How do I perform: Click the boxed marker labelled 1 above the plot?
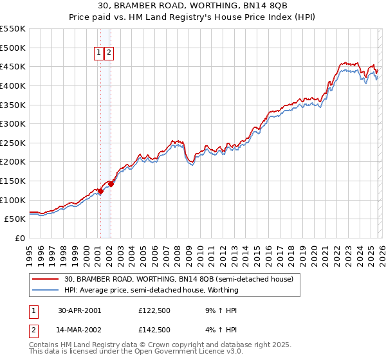coord(100,53)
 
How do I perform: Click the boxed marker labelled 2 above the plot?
coord(109,53)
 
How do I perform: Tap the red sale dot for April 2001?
coord(100,192)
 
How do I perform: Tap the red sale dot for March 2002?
coord(111,184)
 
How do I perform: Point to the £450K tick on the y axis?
coord(13,66)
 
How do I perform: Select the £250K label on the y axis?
coord(13,143)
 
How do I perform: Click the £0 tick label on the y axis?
coord(21,239)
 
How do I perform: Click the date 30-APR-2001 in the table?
coord(80,310)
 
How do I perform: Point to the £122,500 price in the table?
coord(154,310)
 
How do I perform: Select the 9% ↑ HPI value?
coord(219,310)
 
